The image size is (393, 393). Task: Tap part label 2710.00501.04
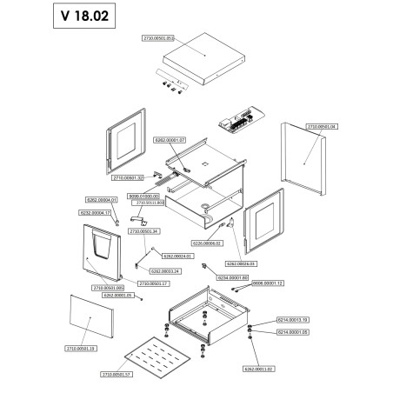[x=322, y=127]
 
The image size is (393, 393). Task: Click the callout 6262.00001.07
[x=170, y=139]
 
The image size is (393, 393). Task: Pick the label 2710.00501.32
[x=128, y=177]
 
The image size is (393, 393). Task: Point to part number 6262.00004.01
[x=102, y=200]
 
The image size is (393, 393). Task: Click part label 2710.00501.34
[x=144, y=232]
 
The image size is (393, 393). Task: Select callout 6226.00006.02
[x=208, y=243]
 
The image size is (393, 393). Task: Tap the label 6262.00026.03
[x=241, y=263]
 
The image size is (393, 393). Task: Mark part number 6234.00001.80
[x=233, y=276]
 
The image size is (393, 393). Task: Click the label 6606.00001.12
[x=268, y=283]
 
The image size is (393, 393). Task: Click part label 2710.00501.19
[x=80, y=348]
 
